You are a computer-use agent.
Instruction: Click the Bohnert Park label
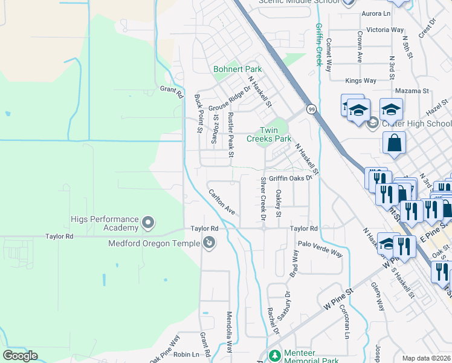[x=237, y=70]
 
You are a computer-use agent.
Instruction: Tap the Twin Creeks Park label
[x=268, y=134]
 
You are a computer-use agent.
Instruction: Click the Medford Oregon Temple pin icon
[x=209, y=243]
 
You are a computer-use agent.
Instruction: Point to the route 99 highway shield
[x=311, y=109]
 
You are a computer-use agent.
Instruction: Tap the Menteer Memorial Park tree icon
[x=275, y=355]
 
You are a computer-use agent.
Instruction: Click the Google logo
[x=20, y=356]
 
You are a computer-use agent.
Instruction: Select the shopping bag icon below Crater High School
[x=394, y=144]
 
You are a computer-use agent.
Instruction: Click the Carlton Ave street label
[x=221, y=202]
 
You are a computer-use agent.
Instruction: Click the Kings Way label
[x=360, y=80]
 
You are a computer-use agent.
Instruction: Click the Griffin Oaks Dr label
[x=290, y=178]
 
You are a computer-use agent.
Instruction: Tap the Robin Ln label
[x=186, y=355]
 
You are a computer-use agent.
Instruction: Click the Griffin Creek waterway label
[x=318, y=44]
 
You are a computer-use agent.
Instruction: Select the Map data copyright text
[x=426, y=358]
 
